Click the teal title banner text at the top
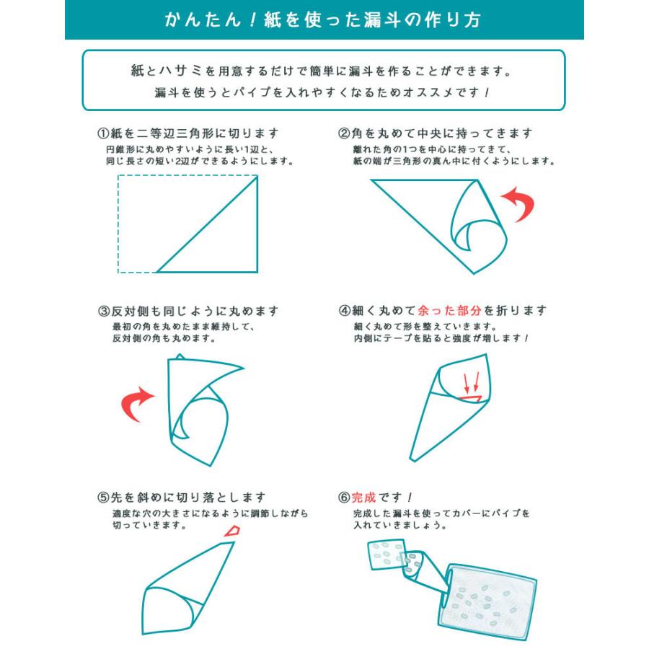324,19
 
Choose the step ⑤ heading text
182,498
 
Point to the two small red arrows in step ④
471,381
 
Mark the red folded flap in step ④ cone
472,397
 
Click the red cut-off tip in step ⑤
231,531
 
